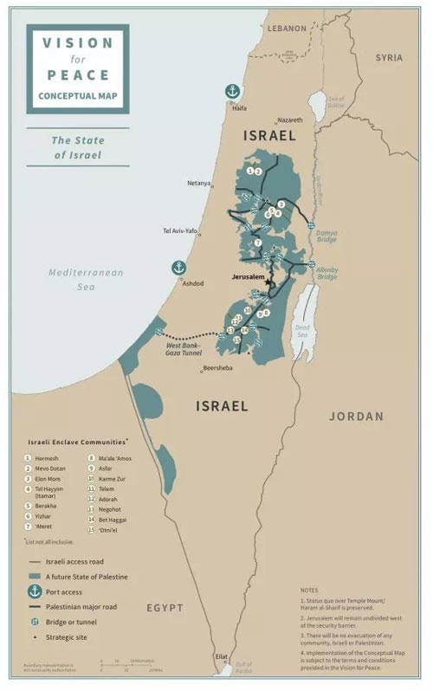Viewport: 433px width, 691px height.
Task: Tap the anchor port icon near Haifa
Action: point(231,91)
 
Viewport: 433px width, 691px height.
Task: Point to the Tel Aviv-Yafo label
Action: point(180,231)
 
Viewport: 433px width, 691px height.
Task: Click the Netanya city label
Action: point(198,184)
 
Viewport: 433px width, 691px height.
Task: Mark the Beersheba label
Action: point(216,368)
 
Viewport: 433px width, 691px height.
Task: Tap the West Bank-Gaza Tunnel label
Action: point(184,351)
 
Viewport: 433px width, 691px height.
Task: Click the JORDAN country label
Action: point(356,416)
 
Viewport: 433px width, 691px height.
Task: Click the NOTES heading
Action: point(309,589)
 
